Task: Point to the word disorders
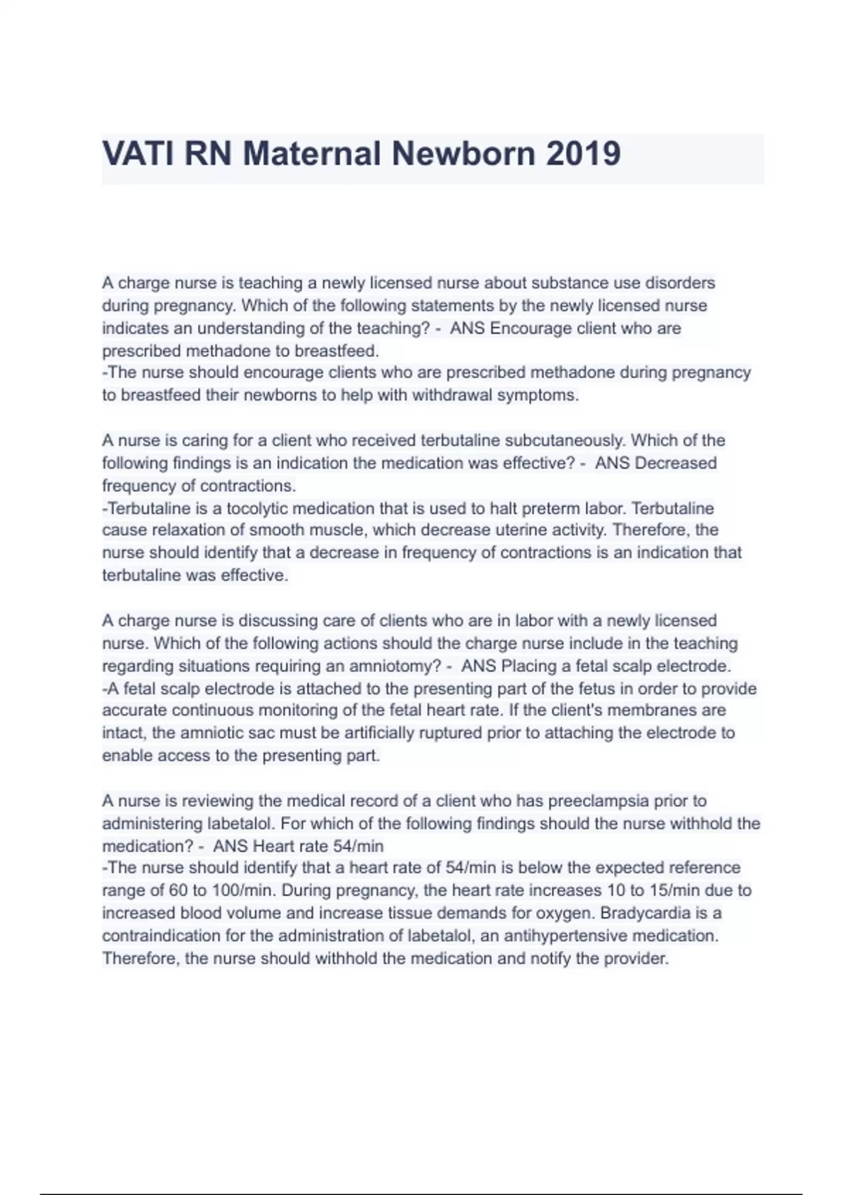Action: [x=680, y=283]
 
